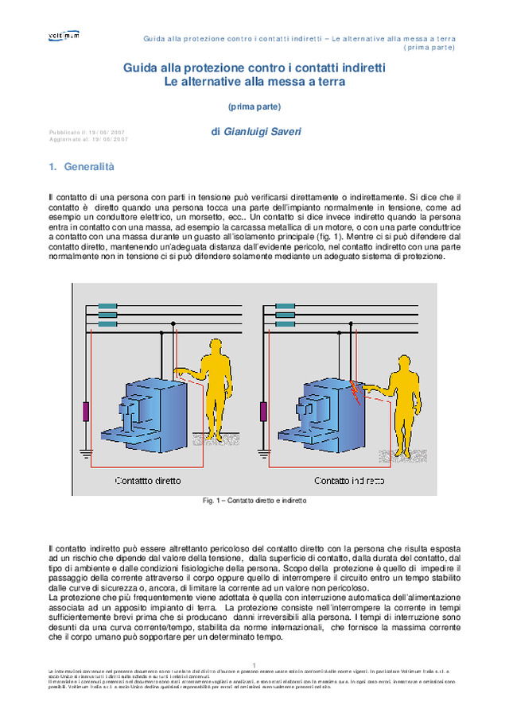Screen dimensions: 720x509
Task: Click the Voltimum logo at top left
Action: [x=64, y=36]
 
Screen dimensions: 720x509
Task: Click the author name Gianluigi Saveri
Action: [x=251, y=132]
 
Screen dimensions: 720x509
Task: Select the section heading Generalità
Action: [x=87, y=167]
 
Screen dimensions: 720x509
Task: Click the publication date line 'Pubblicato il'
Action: [x=86, y=132]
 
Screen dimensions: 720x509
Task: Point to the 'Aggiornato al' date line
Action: [x=87, y=139]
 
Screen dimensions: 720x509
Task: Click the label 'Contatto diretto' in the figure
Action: [x=148, y=480]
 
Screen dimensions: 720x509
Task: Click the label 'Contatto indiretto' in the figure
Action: [x=349, y=480]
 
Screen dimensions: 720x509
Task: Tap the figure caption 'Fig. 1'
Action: [x=254, y=501]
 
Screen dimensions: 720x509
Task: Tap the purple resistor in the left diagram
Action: [x=85, y=412]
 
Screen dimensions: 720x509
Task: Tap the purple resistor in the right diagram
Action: [x=263, y=412]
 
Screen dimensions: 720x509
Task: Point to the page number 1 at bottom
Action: [x=254, y=664]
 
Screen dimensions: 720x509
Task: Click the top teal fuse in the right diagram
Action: [x=286, y=306]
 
